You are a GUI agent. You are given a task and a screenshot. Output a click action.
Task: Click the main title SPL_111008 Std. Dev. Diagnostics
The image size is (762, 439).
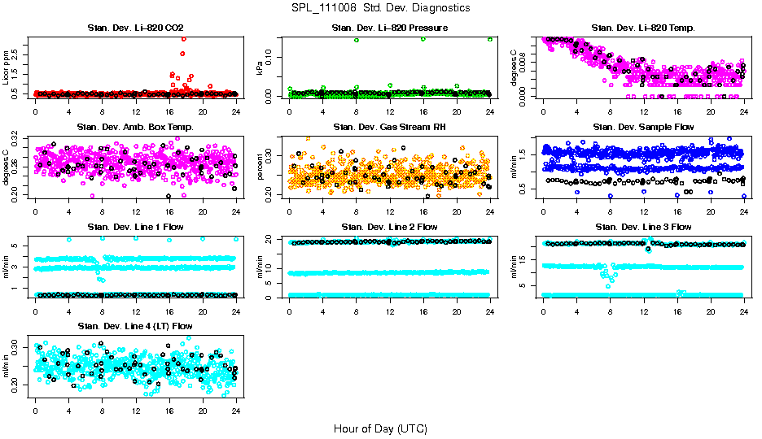(380, 8)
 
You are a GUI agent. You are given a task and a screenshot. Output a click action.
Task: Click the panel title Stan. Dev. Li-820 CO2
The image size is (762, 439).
(135, 28)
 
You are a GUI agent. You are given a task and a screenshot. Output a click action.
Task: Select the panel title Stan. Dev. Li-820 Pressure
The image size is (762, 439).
(389, 28)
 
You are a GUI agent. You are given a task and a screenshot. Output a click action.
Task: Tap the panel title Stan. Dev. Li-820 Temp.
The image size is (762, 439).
(643, 28)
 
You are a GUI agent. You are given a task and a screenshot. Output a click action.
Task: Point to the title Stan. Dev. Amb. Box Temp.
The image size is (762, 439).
(135, 128)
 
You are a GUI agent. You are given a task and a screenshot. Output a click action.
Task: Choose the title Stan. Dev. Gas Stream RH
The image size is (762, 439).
(389, 128)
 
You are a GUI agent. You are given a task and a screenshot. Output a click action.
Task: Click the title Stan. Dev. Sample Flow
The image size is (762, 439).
(643, 128)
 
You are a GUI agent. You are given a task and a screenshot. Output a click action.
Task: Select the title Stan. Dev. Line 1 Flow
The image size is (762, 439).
(135, 227)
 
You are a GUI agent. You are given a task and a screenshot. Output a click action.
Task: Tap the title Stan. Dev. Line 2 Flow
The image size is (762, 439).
(389, 227)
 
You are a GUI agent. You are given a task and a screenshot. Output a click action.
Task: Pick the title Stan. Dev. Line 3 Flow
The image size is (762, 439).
(643, 227)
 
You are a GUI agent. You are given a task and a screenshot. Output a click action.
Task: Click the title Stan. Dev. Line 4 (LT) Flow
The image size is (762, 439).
(135, 326)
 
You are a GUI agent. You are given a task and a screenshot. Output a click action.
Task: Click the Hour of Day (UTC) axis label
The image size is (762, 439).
(380, 428)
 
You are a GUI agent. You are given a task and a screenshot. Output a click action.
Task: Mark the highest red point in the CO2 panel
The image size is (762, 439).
(183, 39)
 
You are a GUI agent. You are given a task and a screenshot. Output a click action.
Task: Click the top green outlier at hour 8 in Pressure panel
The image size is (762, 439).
(357, 40)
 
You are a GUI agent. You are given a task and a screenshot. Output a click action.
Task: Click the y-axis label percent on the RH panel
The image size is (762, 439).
(261, 166)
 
